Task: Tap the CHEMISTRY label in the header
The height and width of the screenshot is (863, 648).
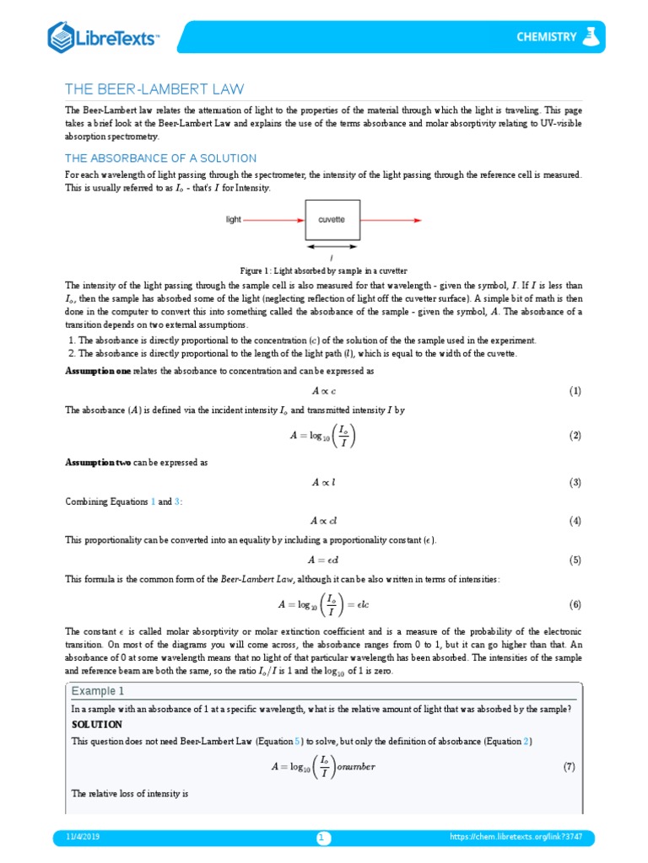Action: pos(547,36)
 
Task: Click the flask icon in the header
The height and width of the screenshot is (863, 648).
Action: pos(592,35)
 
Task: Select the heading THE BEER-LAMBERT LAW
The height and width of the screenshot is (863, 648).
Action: pos(154,89)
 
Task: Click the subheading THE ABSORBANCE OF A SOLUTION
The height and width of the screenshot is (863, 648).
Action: pos(160,158)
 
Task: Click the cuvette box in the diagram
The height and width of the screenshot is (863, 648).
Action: pos(332,220)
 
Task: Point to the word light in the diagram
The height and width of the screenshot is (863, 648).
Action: pos(234,220)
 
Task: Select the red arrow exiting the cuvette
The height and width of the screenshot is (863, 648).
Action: pos(390,220)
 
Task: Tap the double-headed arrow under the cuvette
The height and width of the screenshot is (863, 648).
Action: pos(332,248)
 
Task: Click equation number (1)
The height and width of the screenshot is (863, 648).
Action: pos(575,391)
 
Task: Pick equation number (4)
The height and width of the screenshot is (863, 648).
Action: pos(575,521)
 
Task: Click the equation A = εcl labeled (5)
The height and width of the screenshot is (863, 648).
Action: pos(323,560)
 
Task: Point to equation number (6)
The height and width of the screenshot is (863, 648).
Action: pos(575,604)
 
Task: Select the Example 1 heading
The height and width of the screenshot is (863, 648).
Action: pos(97,691)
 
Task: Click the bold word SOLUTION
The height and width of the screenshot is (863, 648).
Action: pos(96,724)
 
